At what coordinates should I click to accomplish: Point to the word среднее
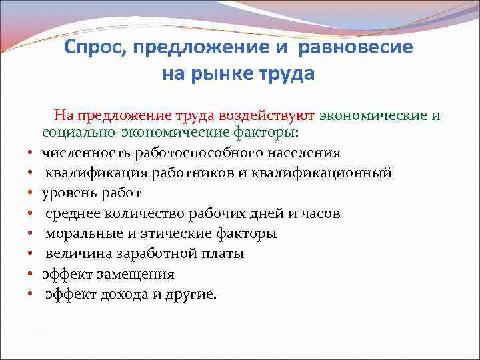(71, 213)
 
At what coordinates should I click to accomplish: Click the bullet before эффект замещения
(31, 274)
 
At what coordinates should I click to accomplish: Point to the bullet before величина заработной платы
(31, 254)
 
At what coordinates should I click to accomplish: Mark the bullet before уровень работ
(31, 194)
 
